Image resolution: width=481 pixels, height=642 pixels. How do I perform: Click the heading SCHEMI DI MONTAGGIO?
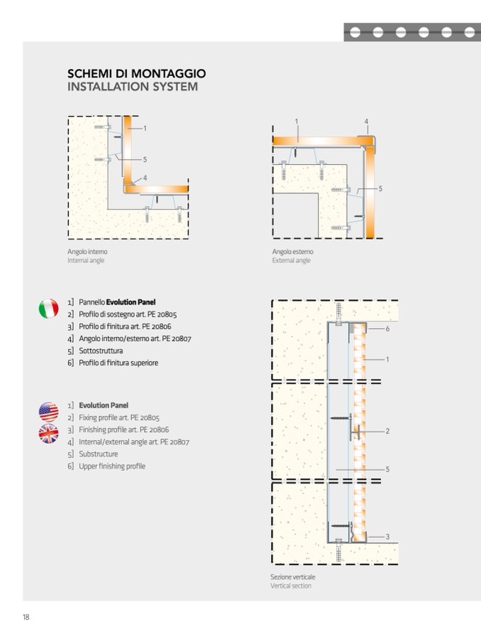point(136,73)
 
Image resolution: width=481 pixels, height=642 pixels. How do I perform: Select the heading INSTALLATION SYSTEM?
point(132,87)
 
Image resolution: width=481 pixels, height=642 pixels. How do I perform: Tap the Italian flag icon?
point(48,308)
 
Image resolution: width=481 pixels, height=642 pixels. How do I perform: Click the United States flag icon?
point(48,411)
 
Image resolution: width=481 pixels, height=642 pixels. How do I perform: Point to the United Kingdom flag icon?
point(48,434)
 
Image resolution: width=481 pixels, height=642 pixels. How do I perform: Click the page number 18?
point(26,617)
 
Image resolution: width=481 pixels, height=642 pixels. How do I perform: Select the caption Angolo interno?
point(87,251)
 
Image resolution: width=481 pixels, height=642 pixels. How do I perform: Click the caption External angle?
point(291,261)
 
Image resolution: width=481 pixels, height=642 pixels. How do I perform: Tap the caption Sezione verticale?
point(292,577)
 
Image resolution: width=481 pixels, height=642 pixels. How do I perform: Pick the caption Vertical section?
point(290,586)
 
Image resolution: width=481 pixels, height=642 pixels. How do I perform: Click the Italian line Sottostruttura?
point(100,351)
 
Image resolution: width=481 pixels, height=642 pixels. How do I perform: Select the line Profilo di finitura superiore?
point(118,363)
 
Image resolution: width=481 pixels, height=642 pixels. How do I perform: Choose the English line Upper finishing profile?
point(111,466)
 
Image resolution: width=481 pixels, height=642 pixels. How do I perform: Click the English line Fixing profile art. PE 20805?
point(118,418)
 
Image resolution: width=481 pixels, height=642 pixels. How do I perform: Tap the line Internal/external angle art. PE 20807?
point(134,442)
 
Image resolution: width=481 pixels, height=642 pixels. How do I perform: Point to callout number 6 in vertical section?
point(387,330)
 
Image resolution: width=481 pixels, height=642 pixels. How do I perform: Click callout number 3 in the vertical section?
point(387,537)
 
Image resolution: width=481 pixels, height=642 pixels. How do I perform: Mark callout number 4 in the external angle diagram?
point(367,121)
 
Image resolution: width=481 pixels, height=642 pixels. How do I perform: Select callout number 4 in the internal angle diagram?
point(145,178)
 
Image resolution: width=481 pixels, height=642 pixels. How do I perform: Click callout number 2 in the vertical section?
point(387,431)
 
